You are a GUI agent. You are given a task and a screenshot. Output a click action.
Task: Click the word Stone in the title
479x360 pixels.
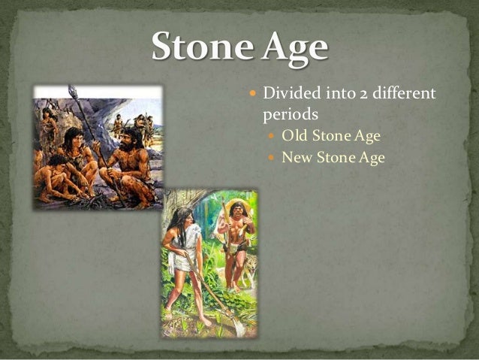pos(197,47)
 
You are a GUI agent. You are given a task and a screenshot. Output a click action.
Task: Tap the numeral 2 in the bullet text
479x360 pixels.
pos(353,95)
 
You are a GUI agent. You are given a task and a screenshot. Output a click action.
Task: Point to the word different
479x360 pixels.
pos(399,95)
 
